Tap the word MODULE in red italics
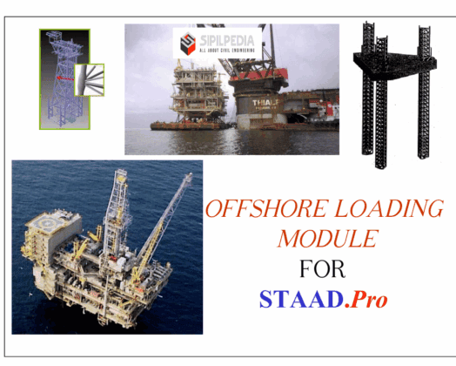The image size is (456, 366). click(x=327, y=237)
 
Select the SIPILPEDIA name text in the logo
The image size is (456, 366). click(x=221, y=37)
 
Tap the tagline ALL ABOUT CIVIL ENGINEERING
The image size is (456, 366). click(x=221, y=49)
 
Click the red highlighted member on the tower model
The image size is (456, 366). click(x=62, y=78)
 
